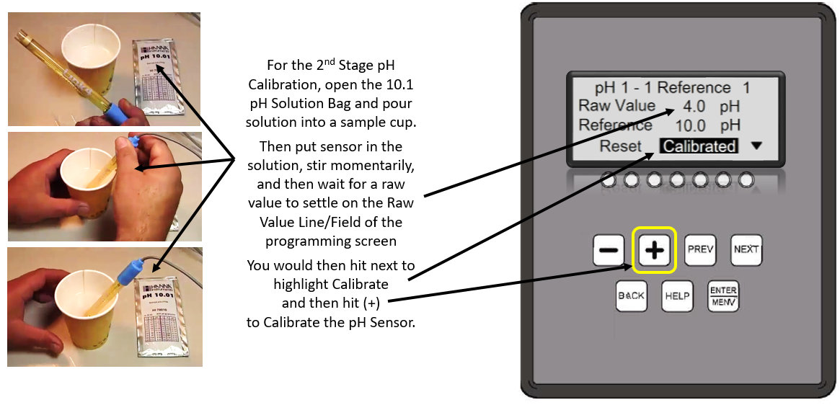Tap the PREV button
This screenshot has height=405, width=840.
click(699, 249)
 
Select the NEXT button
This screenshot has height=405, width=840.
click(746, 249)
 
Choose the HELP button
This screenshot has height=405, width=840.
click(677, 295)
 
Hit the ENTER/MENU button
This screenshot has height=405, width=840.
click(723, 295)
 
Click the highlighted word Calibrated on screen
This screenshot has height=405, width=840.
click(699, 146)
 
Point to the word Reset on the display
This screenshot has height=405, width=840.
click(620, 146)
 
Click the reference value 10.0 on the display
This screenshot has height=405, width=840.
click(691, 125)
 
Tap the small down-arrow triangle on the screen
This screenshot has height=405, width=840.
click(756, 146)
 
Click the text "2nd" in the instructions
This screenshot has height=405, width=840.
click(329, 65)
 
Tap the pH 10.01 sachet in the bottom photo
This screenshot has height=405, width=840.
click(162, 317)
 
